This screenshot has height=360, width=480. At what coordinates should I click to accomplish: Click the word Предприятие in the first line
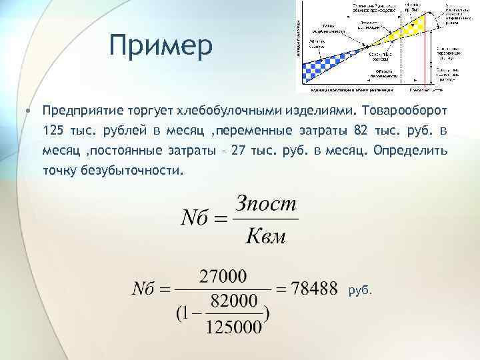click(x=81, y=108)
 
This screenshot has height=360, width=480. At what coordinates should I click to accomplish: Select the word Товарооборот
click(x=408, y=108)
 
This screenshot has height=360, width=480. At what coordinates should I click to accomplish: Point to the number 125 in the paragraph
click(x=52, y=129)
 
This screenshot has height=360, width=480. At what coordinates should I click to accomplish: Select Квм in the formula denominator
click(x=265, y=235)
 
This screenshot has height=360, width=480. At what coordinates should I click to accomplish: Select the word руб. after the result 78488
click(x=361, y=290)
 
